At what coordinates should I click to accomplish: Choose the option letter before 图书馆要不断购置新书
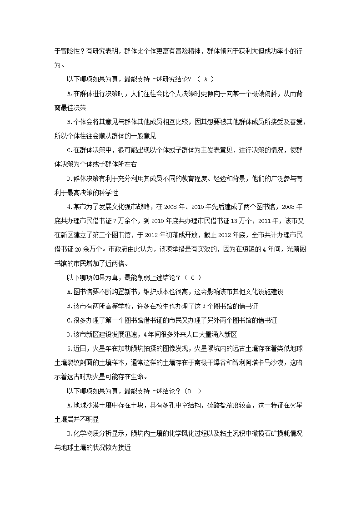[69, 292]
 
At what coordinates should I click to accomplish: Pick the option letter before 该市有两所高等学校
[69, 306]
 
